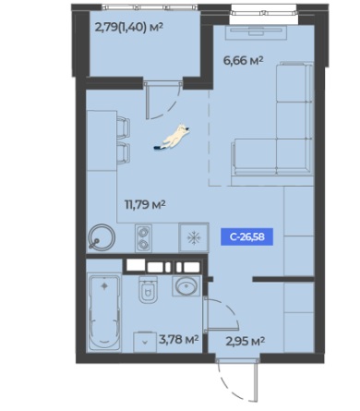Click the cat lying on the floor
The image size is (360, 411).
click(173, 138)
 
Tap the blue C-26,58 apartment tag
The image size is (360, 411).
click(246, 236)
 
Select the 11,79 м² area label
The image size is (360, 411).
click(145, 204)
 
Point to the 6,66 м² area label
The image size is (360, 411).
click(243, 60)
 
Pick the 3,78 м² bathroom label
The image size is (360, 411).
click(178, 340)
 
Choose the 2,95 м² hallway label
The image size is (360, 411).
click(246, 341)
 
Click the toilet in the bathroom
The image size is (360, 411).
click(148, 289)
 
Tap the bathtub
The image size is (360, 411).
click(104, 313)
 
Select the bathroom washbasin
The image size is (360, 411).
click(186, 285)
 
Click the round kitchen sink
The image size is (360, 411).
click(102, 237)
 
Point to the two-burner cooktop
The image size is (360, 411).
click(143, 238)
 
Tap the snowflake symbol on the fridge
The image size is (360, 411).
click(194, 237)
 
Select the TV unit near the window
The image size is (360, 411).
click(256, 32)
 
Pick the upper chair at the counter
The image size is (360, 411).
click(124, 127)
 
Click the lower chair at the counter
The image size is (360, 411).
click(124, 152)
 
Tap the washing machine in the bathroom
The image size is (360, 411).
click(144, 342)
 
